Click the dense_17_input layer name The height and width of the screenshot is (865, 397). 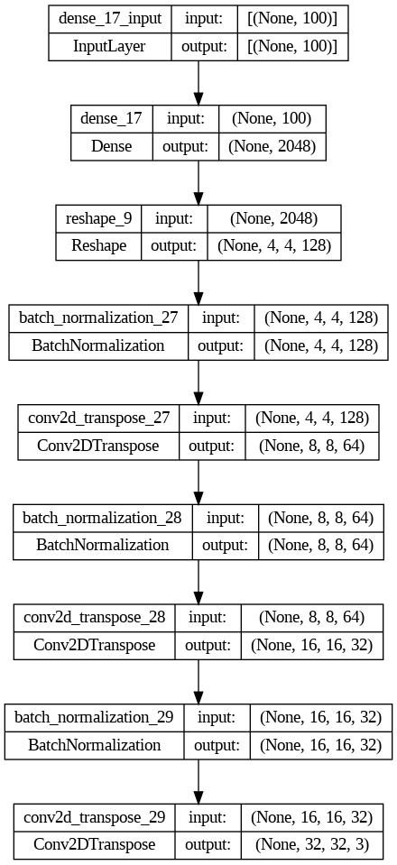click(x=110, y=20)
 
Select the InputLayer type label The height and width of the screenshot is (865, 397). click(x=110, y=46)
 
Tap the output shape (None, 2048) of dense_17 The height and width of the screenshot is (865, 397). click(x=272, y=145)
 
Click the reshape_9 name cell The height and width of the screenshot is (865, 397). click(x=99, y=218)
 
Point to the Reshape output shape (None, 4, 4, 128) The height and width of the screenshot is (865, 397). click(x=274, y=245)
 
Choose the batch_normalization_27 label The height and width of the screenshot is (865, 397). click(x=98, y=318)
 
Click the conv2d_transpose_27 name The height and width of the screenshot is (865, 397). click(x=99, y=418)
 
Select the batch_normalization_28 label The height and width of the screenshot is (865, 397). click(x=103, y=518)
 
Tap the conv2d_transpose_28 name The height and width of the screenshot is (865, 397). click(x=95, y=617)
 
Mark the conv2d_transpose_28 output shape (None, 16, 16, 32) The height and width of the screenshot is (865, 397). click(x=317, y=643)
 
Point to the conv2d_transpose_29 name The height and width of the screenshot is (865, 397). click(x=95, y=816)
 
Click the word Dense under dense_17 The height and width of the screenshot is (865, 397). click(x=112, y=145)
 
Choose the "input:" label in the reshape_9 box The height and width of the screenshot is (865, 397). click(x=174, y=218)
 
